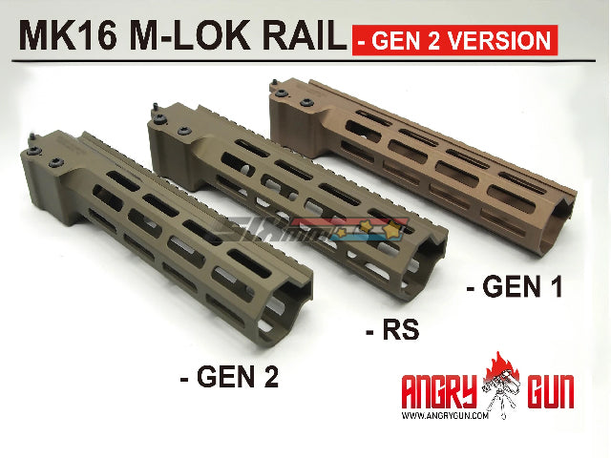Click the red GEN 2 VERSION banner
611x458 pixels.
453,40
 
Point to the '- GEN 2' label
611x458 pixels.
229,377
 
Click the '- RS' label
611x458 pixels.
393,331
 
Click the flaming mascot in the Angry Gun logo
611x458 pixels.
502,386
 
